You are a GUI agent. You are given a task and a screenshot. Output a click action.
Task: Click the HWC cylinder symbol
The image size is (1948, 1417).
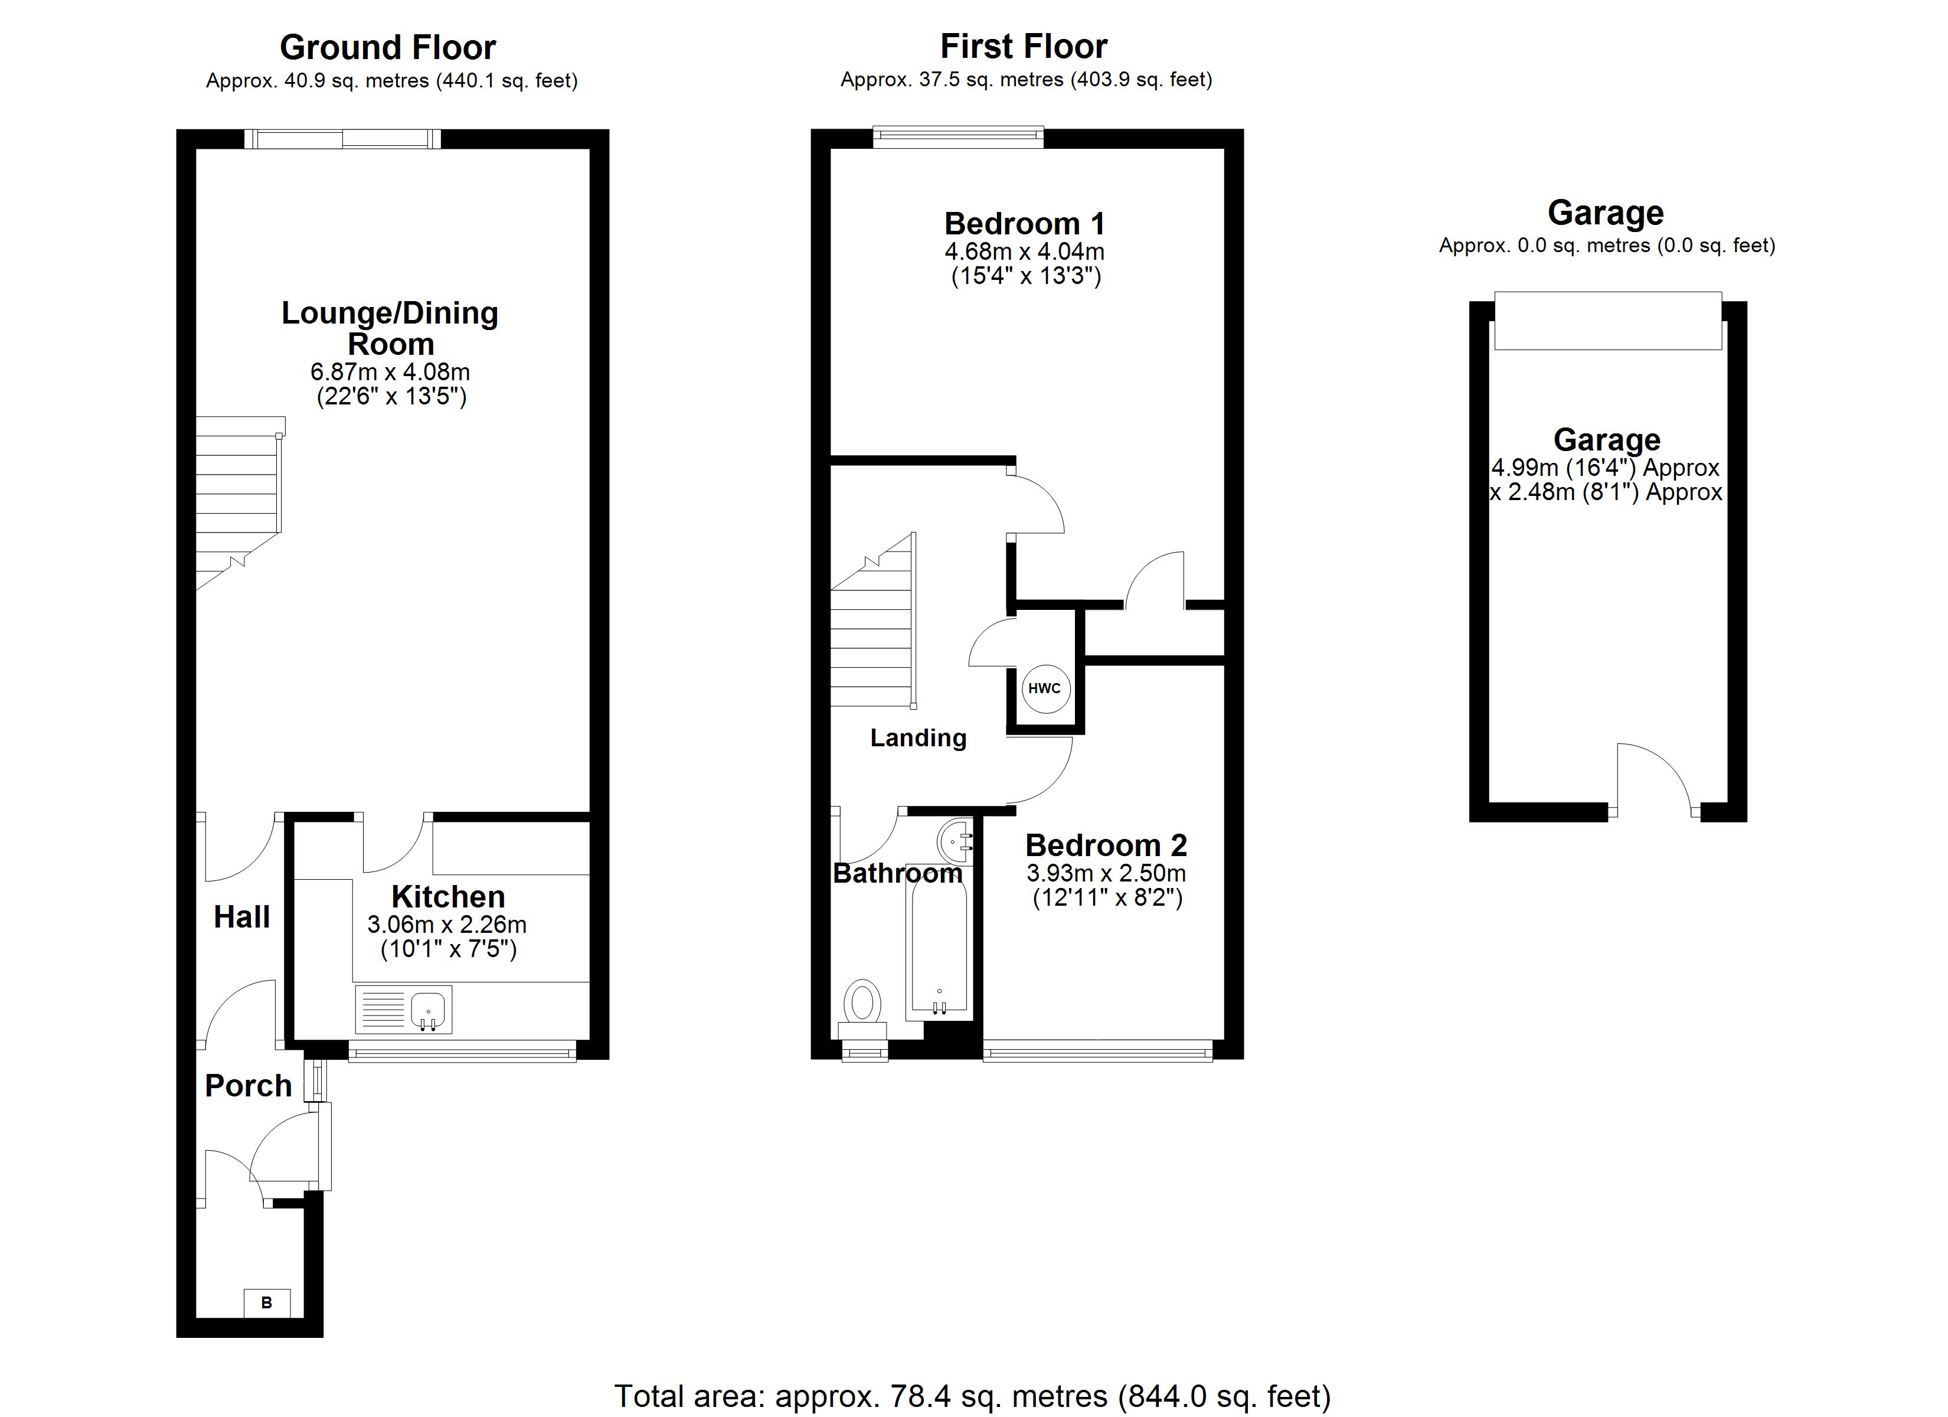point(1044,688)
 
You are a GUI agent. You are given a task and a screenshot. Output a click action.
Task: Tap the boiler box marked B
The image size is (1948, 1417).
point(267,1302)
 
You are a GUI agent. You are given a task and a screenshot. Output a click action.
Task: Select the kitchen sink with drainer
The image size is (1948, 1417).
point(404,1009)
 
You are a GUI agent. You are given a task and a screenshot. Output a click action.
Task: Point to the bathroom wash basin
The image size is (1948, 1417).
point(955,840)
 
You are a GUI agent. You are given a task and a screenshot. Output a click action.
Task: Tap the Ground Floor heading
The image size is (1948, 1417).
point(388,47)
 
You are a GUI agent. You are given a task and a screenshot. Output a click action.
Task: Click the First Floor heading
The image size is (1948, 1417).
point(1024,45)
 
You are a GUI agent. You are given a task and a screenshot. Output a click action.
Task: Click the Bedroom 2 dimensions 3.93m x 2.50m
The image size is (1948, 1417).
point(1106,873)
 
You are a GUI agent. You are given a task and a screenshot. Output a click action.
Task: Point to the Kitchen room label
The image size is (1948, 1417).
point(449,896)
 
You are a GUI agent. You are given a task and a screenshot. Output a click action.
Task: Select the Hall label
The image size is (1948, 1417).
point(242,917)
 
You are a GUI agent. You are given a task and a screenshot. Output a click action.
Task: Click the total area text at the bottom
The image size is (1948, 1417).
point(972,1396)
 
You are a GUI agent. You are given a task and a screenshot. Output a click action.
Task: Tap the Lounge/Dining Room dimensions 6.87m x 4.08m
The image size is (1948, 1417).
point(390,372)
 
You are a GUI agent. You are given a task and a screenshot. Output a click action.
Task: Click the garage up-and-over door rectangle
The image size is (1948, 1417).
point(1608,321)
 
